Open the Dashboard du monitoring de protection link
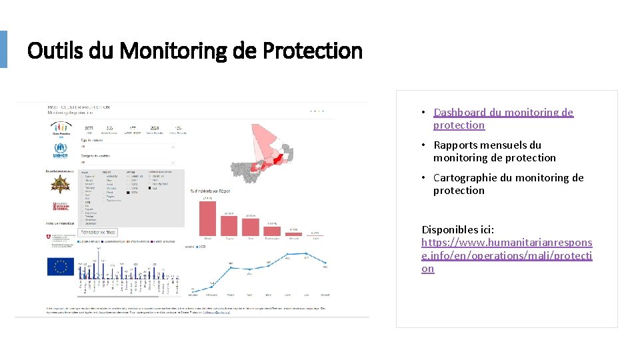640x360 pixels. tap(503, 119)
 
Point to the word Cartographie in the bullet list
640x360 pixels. tap(465, 177)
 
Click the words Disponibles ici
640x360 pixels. tap(457, 229)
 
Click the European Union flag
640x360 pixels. tap(61, 267)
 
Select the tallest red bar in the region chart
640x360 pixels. tap(207, 218)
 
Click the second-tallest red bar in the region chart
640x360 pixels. tap(229, 225)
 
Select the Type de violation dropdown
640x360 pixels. tap(127, 147)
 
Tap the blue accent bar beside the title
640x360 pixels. tap(3, 49)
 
